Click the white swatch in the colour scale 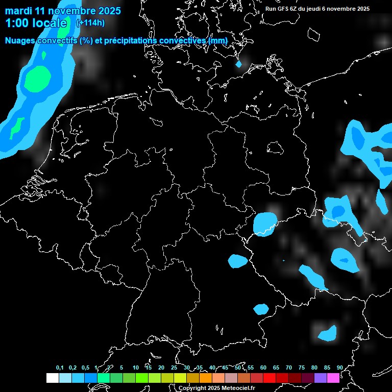point(52,378)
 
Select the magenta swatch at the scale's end point(333,378)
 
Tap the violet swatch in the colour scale point(321,378)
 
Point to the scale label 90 point(339,367)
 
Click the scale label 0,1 point(60,367)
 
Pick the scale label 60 point(263,367)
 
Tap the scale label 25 point(174,367)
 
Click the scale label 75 point(302,367)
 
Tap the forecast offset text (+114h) point(90,23)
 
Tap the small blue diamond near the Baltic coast point(238,64)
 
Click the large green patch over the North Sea point(39,78)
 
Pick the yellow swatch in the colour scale point(180,378)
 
